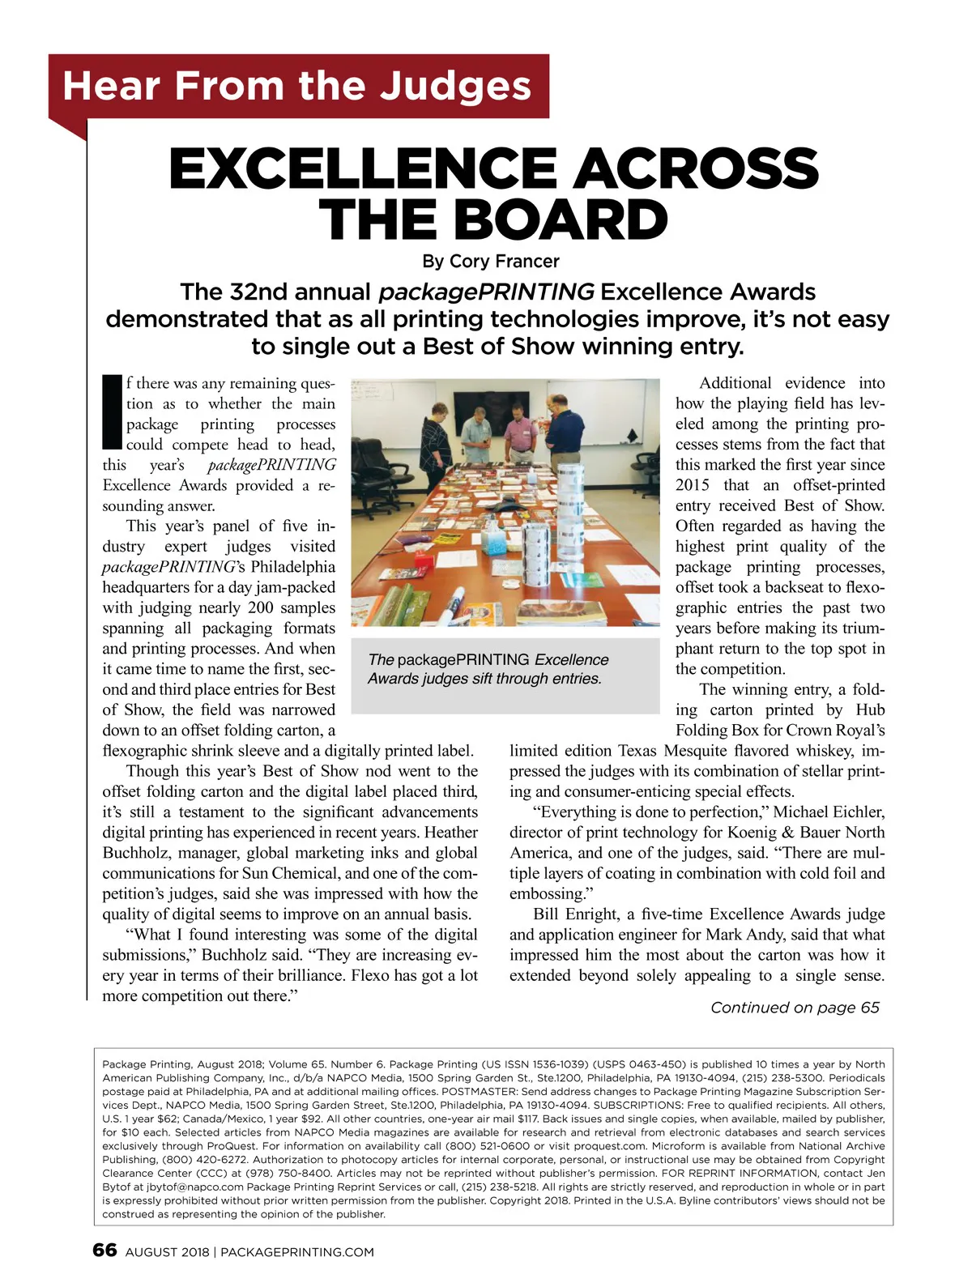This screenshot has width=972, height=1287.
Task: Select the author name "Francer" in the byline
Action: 527,262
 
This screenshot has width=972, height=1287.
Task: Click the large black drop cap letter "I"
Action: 113,412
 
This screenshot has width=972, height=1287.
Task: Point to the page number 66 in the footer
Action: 105,1250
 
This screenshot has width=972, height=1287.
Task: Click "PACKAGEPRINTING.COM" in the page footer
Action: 297,1252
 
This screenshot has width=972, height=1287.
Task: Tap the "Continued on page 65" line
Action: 795,1008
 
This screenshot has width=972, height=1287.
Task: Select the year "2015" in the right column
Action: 693,485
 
